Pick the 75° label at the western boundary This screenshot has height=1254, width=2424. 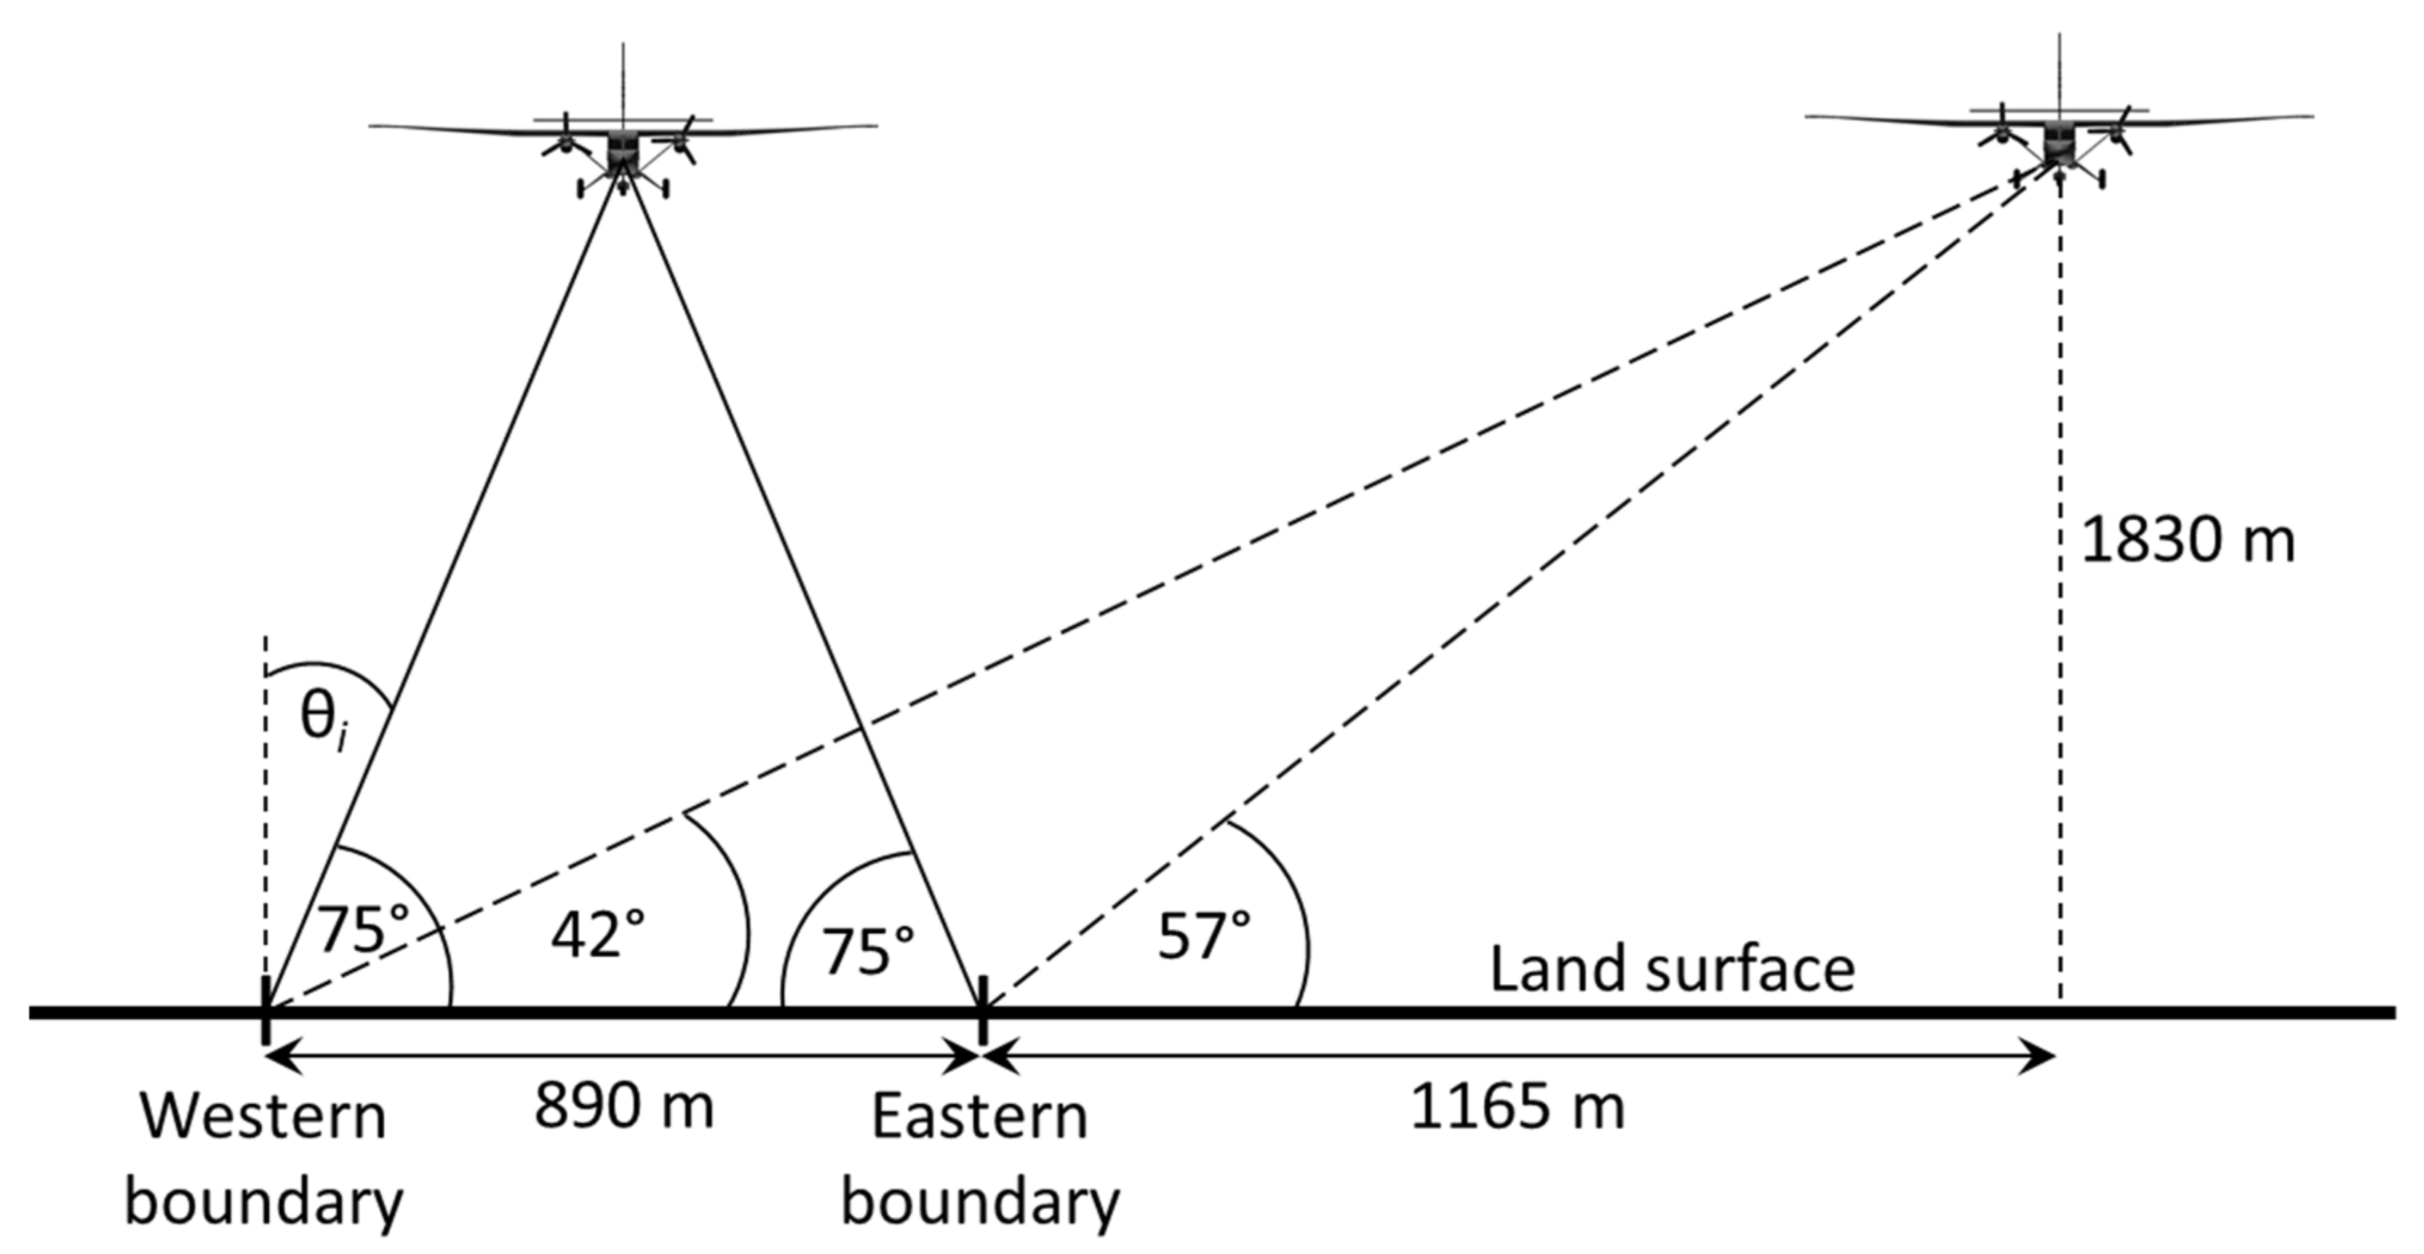click(362, 930)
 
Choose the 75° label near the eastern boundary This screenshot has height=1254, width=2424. click(868, 950)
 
